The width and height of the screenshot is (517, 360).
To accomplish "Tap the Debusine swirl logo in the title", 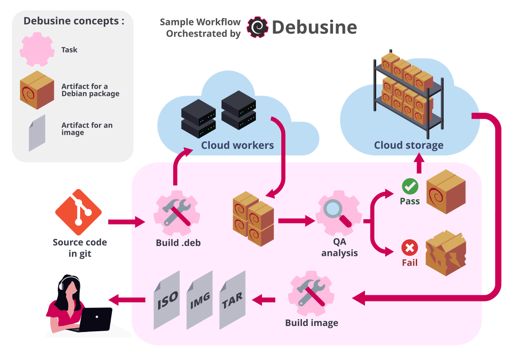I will [258, 27].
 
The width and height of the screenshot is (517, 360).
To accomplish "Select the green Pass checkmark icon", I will [410, 186].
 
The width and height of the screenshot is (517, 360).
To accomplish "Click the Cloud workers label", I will [237, 145].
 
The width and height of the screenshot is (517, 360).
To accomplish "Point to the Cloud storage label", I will [408, 145].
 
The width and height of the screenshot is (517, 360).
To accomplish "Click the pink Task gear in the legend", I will [37, 50].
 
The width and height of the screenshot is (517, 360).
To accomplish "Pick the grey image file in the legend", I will [37, 132].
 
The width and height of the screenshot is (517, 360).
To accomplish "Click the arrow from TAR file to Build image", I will [264, 299].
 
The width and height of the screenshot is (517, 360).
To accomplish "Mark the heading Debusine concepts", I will [73, 21].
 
